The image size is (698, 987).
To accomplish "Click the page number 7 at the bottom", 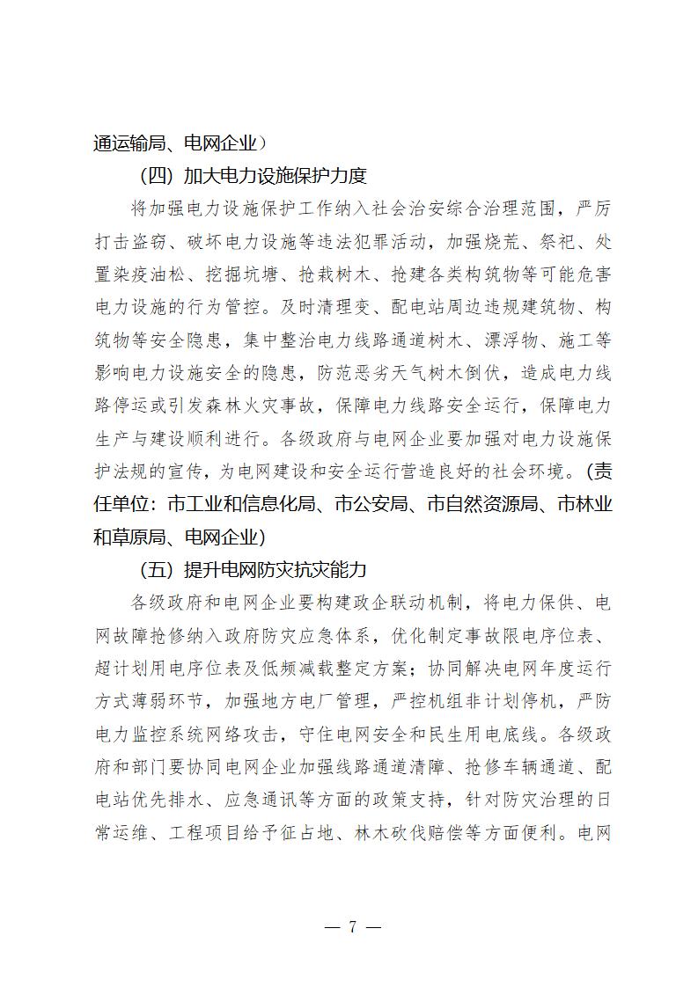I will coord(351,927).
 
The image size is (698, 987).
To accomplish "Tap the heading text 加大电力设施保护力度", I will coord(281,175).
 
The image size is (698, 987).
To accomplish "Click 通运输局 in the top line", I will coord(127,143).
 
